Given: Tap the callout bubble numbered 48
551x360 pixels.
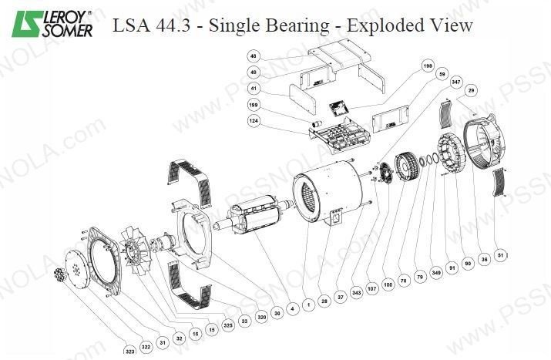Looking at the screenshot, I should [x=254, y=56].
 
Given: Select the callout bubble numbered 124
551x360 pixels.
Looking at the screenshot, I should [x=254, y=120].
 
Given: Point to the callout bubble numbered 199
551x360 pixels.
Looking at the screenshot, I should [x=254, y=104].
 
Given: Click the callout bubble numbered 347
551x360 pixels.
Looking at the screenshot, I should [x=456, y=82].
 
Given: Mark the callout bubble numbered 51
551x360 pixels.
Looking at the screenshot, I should [x=501, y=254].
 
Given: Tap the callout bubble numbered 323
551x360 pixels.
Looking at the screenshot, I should [x=129, y=351].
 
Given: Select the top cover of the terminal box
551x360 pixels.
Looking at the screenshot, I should [x=339, y=58].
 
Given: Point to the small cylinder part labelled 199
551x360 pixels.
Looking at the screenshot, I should [x=314, y=123].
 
